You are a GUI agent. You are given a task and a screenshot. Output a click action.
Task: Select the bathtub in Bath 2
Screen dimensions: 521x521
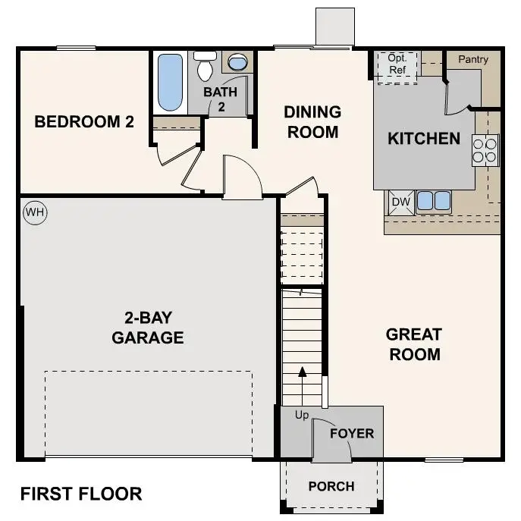[170, 83]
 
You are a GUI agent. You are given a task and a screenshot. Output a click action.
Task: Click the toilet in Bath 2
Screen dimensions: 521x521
[205, 67]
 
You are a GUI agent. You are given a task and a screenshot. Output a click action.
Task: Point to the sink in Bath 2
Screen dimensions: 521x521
[237, 63]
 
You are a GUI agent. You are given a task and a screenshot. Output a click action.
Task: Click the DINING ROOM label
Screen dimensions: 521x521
[312, 122]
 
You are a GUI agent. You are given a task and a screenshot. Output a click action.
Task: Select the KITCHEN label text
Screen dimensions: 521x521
[424, 139]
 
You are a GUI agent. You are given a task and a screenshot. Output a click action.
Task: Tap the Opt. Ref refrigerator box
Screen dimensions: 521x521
[397, 65]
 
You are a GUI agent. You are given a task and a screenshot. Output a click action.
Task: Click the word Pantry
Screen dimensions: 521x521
[472, 59]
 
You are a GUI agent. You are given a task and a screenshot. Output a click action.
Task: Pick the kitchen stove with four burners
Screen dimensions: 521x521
[485, 150]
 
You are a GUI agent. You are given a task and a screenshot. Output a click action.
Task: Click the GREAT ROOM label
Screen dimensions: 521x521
[413, 344]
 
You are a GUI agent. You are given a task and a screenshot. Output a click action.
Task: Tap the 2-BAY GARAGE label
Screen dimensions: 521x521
[148, 328]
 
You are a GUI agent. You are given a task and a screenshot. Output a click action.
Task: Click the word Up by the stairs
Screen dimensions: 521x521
[302, 416]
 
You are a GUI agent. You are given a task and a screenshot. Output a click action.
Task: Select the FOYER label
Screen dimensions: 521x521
[352, 434]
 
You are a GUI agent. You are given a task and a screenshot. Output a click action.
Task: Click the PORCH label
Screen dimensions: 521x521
[332, 486]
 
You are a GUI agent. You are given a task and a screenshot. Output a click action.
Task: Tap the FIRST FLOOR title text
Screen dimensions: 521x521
[81, 494]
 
